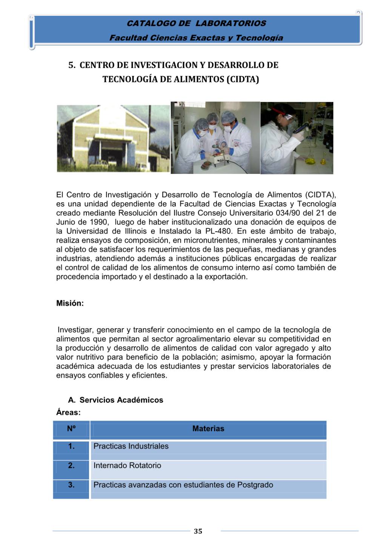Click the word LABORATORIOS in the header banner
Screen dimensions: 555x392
(x=231, y=23)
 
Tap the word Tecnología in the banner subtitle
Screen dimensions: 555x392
(x=259, y=38)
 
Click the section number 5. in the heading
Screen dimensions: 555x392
(x=72, y=65)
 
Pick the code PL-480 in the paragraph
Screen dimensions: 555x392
(x=218, y=231)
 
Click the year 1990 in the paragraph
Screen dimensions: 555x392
(x=99, y=222)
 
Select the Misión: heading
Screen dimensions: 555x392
(x=70, y=303)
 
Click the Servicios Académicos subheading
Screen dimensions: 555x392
(x=121, y=400)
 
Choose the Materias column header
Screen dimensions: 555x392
(x=208, y=429)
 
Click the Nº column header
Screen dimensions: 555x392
(x=71, y=429)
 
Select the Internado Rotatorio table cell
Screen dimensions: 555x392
(x=127, y=466)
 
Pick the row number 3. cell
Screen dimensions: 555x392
(x=71, y=485)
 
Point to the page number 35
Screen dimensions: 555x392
(x=198, y=531)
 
